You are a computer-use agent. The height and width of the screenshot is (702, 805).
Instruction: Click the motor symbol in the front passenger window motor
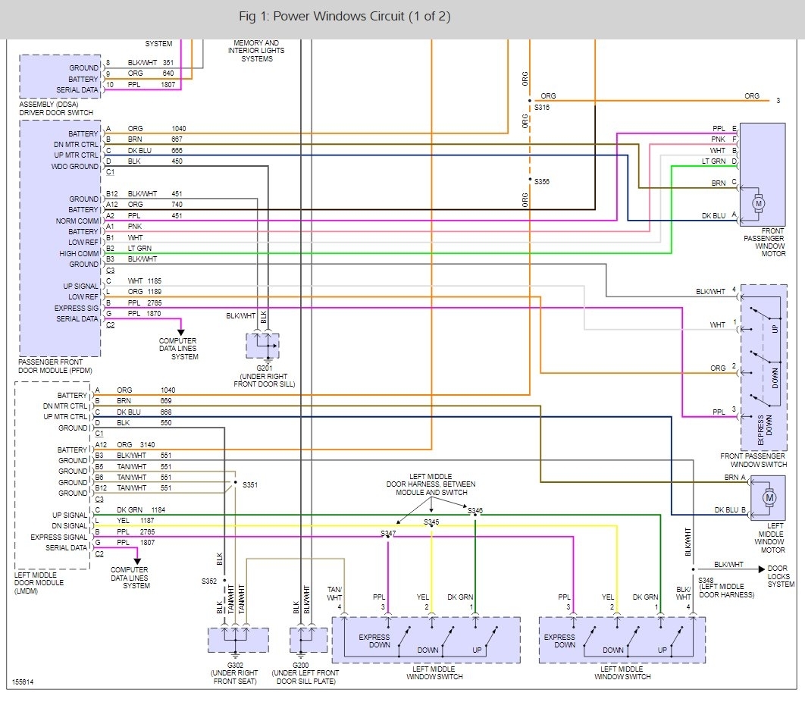(759, 204)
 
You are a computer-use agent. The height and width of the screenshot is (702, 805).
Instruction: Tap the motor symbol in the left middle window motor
(769, 497)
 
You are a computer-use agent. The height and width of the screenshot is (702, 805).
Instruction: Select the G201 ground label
(265, 368)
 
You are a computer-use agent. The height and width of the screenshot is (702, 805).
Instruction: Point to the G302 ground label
(235, 665)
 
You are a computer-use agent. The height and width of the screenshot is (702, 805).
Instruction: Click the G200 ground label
(300, 665)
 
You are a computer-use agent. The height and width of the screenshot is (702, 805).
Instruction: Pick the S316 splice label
(542, 108)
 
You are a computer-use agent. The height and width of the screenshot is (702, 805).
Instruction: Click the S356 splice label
(542, 181)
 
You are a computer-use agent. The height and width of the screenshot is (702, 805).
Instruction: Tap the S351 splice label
(250, 484)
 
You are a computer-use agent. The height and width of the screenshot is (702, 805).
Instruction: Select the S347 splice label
(388, 533)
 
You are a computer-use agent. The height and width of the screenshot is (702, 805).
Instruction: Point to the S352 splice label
(209, 581)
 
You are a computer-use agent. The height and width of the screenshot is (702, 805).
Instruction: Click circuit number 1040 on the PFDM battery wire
(179, 128)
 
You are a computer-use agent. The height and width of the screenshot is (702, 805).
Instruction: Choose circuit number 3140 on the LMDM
(147, 445)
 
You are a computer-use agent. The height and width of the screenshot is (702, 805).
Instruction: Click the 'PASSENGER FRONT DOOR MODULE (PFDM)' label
(55, 366)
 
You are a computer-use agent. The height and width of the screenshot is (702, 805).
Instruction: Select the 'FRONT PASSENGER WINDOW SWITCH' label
(753, 460)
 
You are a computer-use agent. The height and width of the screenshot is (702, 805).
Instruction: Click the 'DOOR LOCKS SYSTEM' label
(781, 576)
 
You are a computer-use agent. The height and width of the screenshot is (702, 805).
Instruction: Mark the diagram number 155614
(23, 682)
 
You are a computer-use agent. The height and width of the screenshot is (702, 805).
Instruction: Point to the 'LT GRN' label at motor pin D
(713, 161)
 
